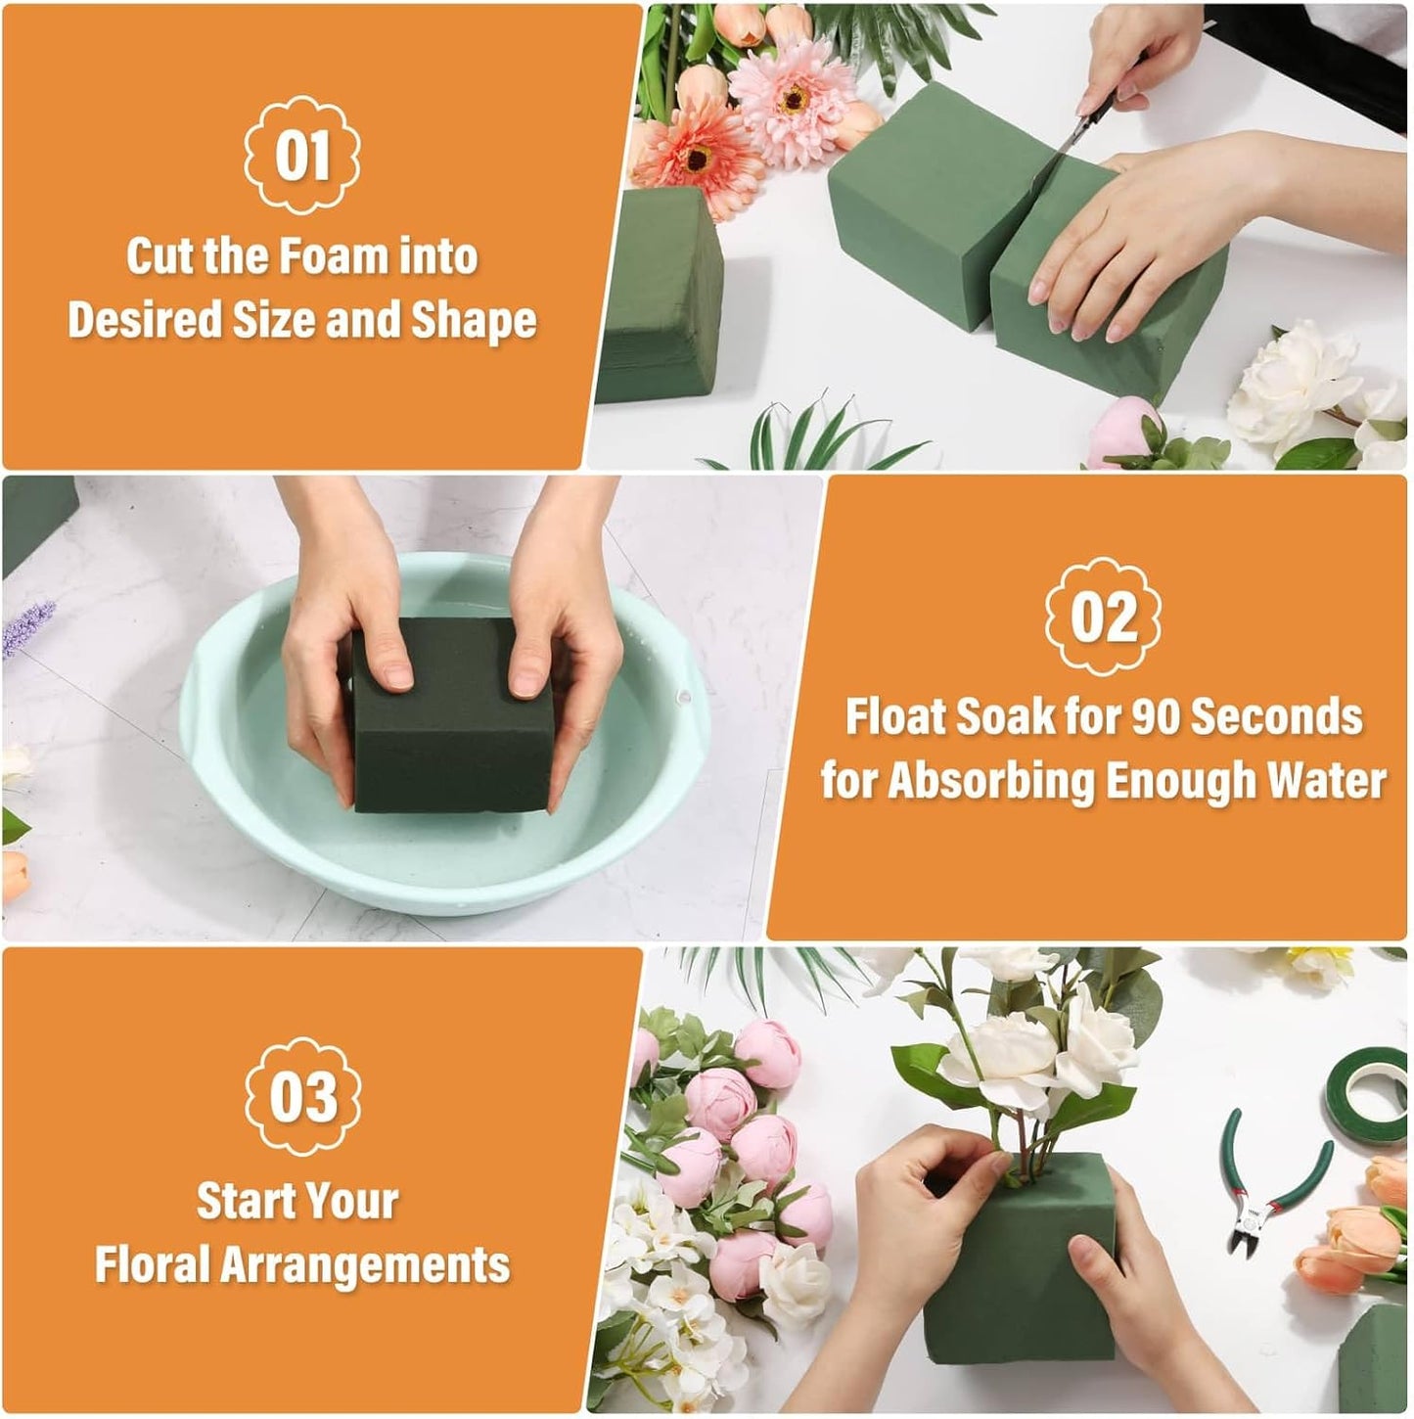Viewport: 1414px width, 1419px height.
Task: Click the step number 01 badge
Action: tap(301, 156)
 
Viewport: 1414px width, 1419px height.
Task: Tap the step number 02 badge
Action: tap(1103, 617)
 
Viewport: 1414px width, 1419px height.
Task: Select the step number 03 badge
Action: tap(301, 1096)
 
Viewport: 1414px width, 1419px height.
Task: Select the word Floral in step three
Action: tap(153, 1264)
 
